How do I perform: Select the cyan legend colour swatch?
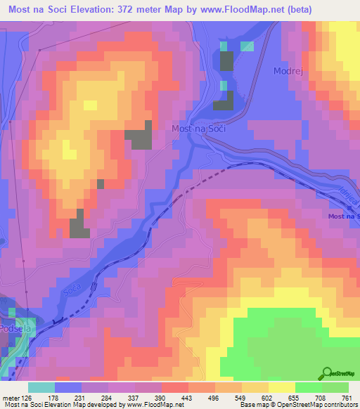(41, 387)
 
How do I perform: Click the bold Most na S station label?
(344, 216)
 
